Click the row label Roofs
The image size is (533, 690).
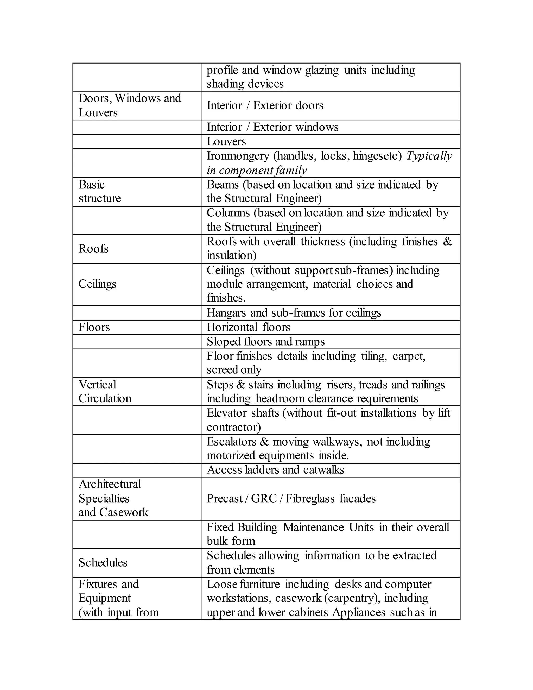(x=93, y=249)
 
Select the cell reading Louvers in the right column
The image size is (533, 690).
(x=226, y=142)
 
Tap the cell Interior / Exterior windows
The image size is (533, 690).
(x=272, y=127)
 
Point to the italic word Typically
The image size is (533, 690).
(x=429, y=156)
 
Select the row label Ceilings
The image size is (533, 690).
(x=97, y=284)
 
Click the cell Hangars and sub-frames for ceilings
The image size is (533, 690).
(x=294, y=313)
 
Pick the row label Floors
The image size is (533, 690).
(x=94, y=327)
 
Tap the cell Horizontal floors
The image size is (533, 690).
(x=248, y=327)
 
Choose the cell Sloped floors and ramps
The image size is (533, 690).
(x=265, y=342)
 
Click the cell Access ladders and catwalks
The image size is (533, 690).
(x=275, y=470)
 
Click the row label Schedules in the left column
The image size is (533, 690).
(x=103, y=563)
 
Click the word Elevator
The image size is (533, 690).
(x=226, y=413)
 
